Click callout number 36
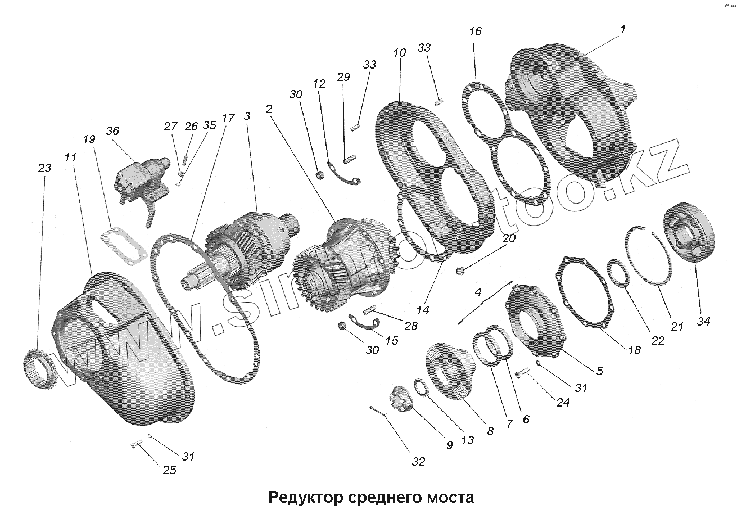coord(112,130)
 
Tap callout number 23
coord(45,168)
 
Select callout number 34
coord(703,321)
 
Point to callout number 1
coord(622,29)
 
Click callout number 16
coord(475,31)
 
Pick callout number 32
coord(418,462)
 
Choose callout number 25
coord(169,470)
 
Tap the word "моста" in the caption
coord(448,497)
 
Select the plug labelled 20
coord(460,271)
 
